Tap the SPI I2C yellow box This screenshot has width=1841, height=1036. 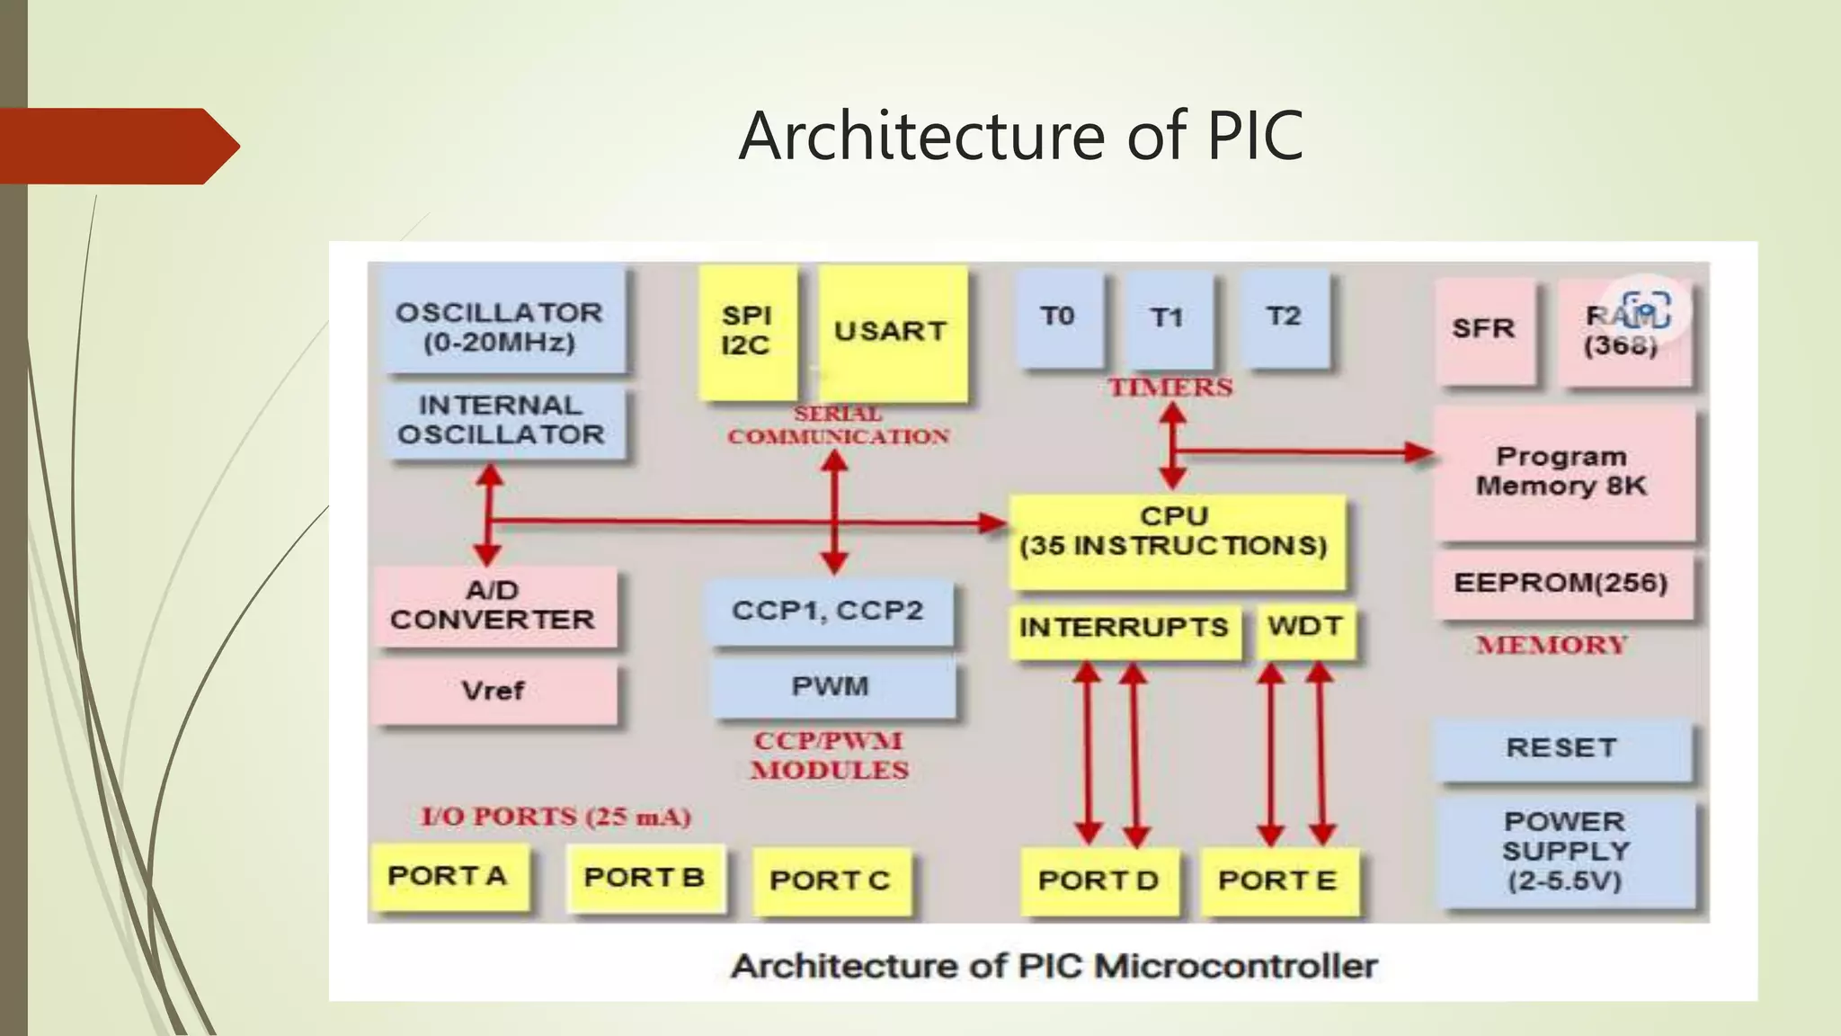coord(747,331)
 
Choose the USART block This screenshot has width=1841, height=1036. coord(891,331)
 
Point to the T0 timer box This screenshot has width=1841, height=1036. coord(1058,318)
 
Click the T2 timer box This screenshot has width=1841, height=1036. coord(1284,318)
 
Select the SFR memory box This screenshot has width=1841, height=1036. coord(1483,329)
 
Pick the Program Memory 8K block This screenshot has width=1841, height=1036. coord(1562,471)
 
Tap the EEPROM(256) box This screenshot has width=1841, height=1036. coord(1561,584)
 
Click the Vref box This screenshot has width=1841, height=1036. coord(494,692)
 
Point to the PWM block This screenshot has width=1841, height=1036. coord(831,687)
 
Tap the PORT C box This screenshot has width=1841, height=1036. coord(830,880)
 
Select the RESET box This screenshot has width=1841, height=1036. coord(1561,748)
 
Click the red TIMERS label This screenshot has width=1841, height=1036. coord(1170,388)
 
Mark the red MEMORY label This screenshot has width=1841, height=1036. coord(1552,645)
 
